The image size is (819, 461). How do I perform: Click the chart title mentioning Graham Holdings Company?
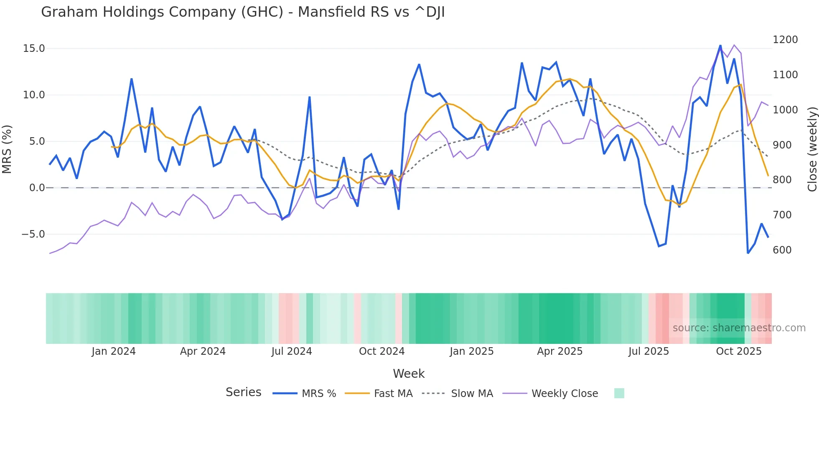point(243,12)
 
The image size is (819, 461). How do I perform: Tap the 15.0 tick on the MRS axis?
point(33,49)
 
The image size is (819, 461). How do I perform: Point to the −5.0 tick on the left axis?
point(33,234)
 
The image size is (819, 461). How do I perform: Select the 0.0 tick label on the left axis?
point(36,188)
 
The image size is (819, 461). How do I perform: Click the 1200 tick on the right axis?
point(785,40)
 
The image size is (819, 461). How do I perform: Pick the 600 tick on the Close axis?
point(782,250)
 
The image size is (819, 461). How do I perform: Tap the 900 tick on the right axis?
point(782,145)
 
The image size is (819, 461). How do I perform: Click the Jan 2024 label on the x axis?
point(114,351)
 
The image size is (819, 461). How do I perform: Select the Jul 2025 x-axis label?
point(649,351)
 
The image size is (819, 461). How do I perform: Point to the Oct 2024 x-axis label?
point(382,351)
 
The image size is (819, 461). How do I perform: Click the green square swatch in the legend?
point(619,393)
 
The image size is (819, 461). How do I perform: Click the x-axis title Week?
point(409,374)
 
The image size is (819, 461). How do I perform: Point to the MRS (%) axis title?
point(7,149)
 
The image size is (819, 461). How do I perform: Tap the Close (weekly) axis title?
point(812,149)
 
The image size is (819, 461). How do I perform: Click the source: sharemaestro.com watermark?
point(739,328)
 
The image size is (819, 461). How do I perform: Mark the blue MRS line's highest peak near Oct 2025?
point(720,46)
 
